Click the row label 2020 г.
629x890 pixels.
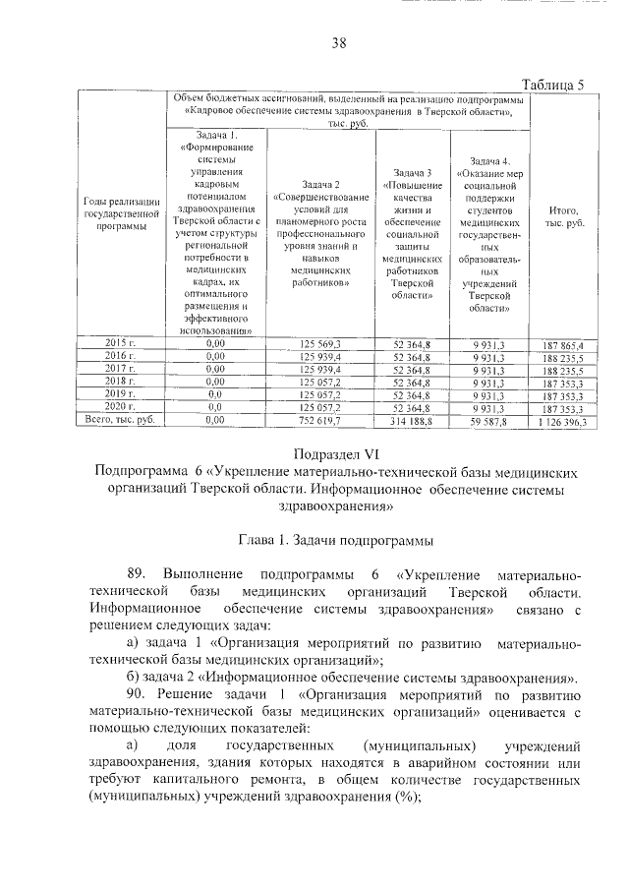pyautogui.click(x=120, y=406)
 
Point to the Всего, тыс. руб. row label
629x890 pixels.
pyautogui.click(x=120, y=420)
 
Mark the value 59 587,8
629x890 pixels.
pyautogui.click(x=487, y=421)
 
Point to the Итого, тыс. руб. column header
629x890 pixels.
pyautogui.click(x=557, y=217)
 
